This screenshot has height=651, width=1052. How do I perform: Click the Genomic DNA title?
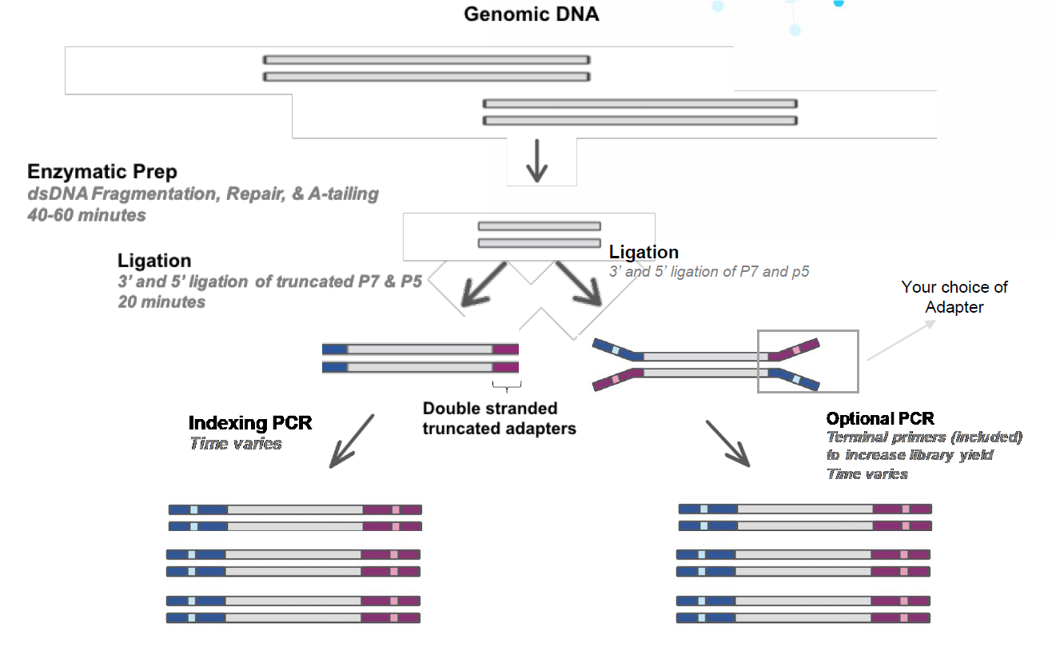531,14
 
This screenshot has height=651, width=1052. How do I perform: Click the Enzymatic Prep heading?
102,172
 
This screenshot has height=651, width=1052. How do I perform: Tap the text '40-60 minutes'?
87,215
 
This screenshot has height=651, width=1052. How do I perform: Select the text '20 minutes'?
161,302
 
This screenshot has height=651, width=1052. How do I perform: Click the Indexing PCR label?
250,422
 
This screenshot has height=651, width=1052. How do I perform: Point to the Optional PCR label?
880,418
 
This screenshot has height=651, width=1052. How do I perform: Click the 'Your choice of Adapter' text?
954,297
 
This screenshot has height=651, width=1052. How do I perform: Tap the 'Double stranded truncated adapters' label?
499,418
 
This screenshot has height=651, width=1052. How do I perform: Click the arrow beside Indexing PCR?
352,441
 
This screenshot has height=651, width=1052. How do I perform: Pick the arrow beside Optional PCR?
728,443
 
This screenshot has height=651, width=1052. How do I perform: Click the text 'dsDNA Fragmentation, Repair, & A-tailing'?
203,194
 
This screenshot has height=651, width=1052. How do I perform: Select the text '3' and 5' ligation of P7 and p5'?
709,271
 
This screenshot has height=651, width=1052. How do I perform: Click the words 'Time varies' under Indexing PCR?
236,443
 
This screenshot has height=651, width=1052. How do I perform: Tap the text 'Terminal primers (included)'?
924,437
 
